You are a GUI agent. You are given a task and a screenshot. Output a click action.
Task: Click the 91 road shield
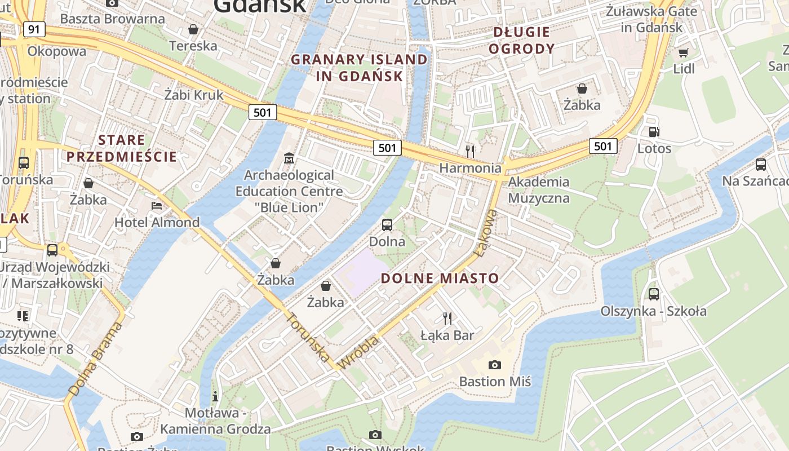click(x=34, y=29)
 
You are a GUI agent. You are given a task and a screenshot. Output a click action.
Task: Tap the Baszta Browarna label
click(x=112, y=19)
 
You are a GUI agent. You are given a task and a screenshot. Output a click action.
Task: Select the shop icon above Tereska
click(x=193, y=29)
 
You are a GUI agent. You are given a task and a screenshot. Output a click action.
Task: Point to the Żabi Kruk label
click(x=194, y=95)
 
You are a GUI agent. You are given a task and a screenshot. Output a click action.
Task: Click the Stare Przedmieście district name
click(x=122, y=148)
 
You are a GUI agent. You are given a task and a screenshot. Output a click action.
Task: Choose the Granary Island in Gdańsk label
click(x=359, y=68)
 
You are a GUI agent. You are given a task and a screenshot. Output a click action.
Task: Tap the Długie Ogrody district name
click(x=521, y=40)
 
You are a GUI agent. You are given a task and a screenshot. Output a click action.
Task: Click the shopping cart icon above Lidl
click(x=684, y=53)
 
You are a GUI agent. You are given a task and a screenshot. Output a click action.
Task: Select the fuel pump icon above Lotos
click(x=654, y=132)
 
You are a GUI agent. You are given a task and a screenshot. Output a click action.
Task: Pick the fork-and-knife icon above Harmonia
click(x=471, y=151)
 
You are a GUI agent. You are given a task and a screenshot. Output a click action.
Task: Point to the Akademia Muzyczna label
click(x=539, y=190)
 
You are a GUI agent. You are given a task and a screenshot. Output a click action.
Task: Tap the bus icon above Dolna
click(x=387, y=225)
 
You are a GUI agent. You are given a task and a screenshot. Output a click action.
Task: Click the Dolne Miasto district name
click(x=440, y=278)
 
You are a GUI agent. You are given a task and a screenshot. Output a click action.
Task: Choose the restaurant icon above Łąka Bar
click(x=447, y=319)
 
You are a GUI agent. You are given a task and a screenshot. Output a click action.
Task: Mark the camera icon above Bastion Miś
click(x=495, y=365)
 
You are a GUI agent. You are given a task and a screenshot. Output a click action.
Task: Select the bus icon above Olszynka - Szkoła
click(x=654, y=294)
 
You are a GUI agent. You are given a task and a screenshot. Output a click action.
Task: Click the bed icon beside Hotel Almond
click(x=157, y=206)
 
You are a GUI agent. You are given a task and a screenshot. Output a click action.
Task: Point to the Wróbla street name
click(x=360, y=351)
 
